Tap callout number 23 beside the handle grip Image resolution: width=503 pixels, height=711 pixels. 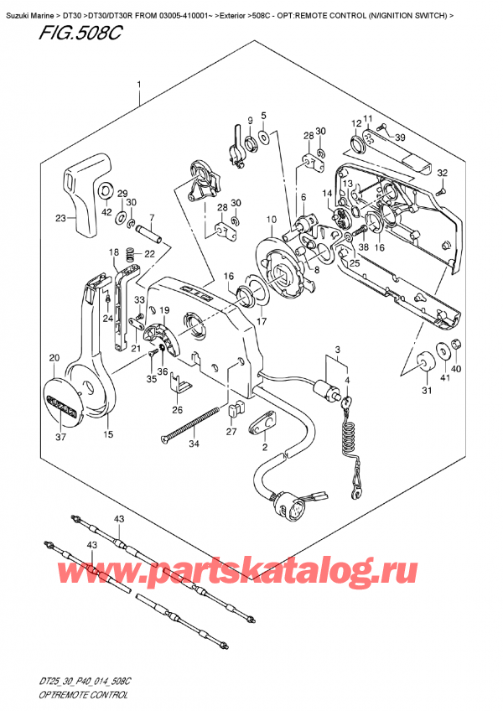tap(60, 220)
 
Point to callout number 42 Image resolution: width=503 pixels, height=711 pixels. tap(106, 213)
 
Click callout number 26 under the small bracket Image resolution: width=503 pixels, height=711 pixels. tap(176, 411)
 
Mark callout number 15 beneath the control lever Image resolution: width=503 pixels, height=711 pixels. tap(107, 433)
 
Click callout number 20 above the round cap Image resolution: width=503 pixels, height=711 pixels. tap(54, 358)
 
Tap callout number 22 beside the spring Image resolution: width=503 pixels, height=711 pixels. tap(148, 254)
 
